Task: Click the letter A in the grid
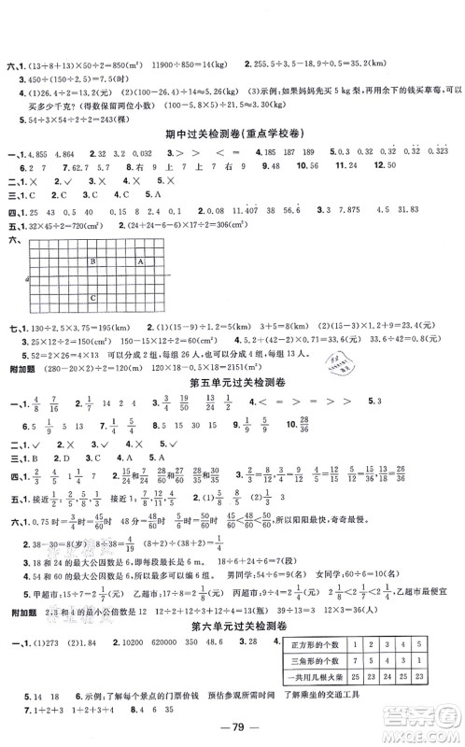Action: [140, 261]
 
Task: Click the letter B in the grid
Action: [92, 262]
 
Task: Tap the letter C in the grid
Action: [92, 297]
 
